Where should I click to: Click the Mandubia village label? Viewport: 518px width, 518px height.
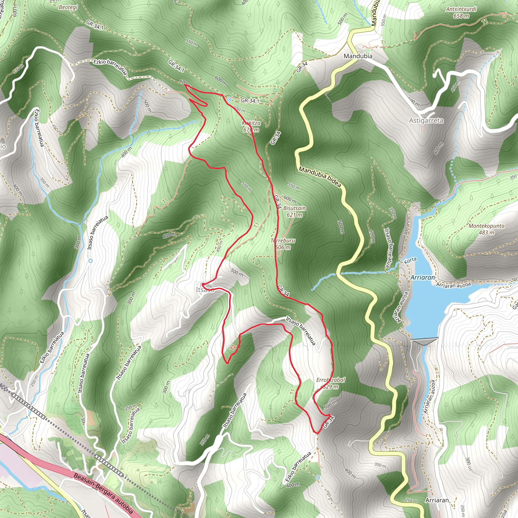click(x=358, y=56)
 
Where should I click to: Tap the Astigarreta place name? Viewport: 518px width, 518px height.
click(x=426, y=121)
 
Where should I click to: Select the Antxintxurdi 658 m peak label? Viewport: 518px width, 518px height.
click(x=461, y=13)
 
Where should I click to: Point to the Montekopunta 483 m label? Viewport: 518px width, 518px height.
click(x=486, y=229)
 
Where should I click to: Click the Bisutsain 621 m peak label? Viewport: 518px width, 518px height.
click(x=294, y=211)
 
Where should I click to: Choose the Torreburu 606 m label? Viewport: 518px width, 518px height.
click(x=283, y=244)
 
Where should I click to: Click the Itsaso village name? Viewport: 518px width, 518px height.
click(x=205, y=290)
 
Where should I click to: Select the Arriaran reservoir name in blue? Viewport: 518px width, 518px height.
click(x=423, y=277)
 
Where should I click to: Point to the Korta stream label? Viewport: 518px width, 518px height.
click(x=410, y=260)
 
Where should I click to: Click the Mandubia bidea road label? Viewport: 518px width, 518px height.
click(x=320, y=177)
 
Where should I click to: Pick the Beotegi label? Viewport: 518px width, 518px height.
click(x=68, y=7)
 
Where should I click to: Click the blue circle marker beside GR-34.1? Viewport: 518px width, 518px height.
click(x=229, y=100)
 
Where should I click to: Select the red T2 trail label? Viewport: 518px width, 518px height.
click(x=233, y=348)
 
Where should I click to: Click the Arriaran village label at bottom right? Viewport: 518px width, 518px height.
click(x=437, y=500)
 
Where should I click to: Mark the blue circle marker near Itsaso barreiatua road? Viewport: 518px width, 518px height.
click(x=91, y=260)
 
